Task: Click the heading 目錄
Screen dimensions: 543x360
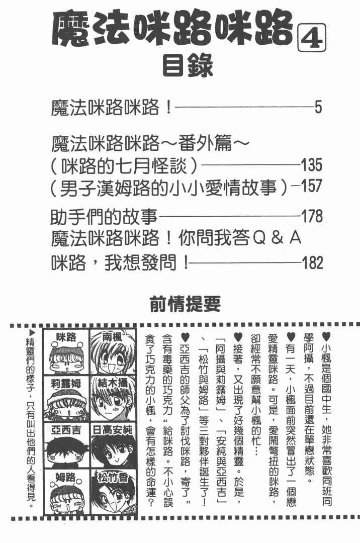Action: click(189, 65)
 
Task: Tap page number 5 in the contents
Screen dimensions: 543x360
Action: click(317, 107)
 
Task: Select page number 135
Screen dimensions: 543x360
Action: click(311, 165)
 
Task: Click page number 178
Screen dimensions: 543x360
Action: click(311, 217)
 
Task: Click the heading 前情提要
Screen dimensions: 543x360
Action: click(186, 303)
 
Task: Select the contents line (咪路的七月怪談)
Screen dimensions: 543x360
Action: click(126, 165)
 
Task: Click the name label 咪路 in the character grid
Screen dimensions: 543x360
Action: click(65, 337)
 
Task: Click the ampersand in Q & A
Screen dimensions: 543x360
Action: click(275, 239)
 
